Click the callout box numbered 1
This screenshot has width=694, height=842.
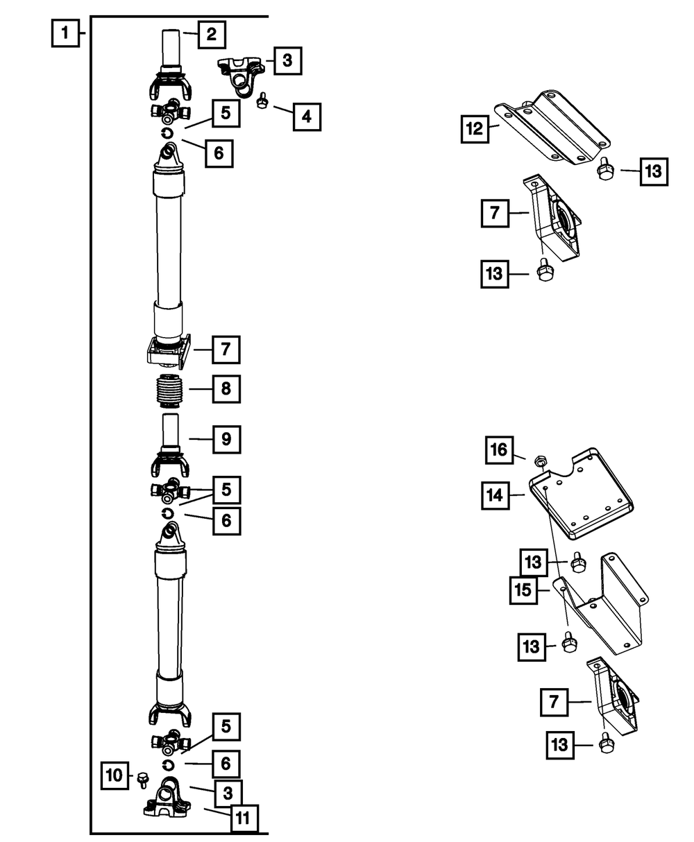point(65,33)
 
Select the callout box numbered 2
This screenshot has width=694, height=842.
point(212,35)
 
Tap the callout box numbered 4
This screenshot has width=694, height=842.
point(307,117)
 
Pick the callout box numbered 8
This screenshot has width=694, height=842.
point(226,388)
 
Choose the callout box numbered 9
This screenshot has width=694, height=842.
point(227,439)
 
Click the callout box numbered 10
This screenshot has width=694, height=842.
point(115,775)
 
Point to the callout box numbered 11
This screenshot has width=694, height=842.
point(244,818)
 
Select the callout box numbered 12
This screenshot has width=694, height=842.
point(475,129)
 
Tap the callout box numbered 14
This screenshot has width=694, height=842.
point(496,495)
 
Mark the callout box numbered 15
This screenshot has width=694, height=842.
point(524,590)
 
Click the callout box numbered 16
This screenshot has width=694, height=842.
point(500,449)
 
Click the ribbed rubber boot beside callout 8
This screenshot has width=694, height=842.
point(169,390)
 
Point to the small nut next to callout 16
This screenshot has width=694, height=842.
point(540,462)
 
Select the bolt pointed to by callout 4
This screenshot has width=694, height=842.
point(262,101)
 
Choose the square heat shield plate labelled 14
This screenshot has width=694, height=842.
point(581,494)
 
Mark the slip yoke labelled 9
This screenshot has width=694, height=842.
point(170,445)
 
